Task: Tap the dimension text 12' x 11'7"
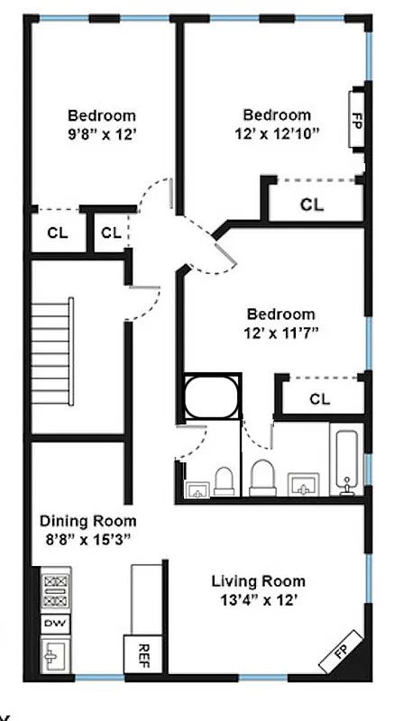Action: point(281,333)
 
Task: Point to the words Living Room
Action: point(258,580)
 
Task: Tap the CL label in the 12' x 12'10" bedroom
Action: point(312,205)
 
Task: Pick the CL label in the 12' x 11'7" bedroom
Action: point(319,398)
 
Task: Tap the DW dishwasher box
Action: point(56,624)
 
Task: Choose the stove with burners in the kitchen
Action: point(56,591)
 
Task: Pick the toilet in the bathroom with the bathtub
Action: point(262,477)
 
